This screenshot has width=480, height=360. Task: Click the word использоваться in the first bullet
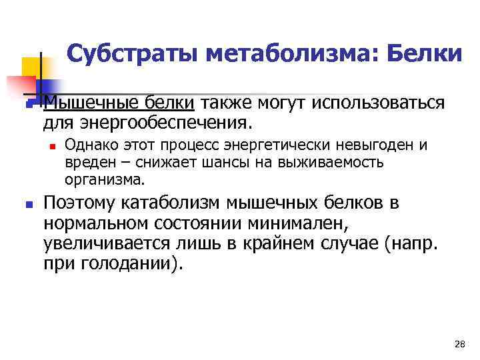tap(370, 104)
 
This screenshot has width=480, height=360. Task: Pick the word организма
tap(104, 179)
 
